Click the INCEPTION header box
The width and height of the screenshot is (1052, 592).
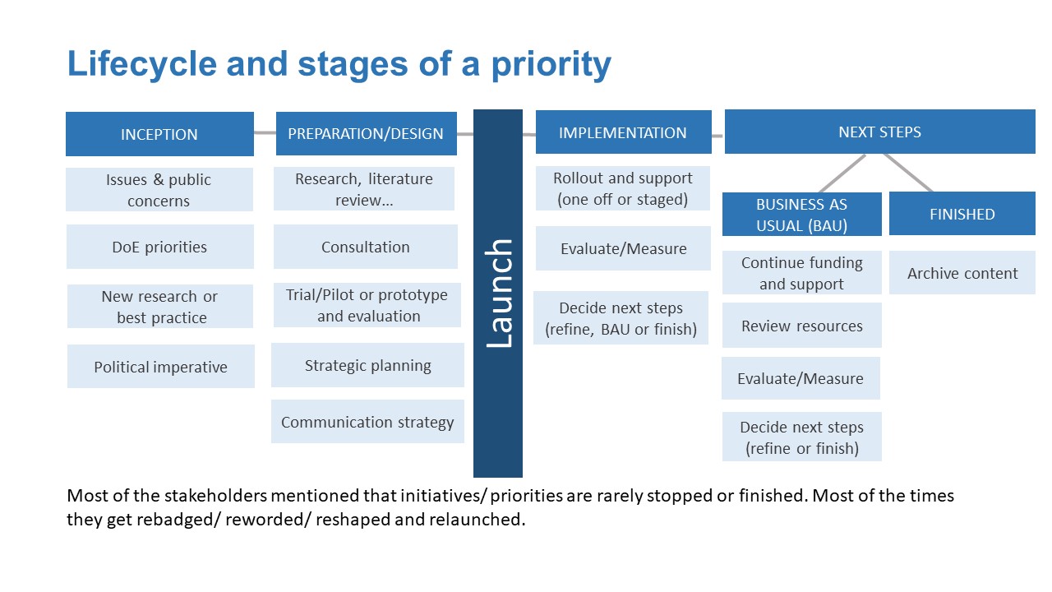coord(159,134)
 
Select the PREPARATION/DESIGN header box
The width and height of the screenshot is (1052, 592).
coord(367,133)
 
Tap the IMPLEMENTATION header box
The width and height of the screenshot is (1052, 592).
coord(624,132)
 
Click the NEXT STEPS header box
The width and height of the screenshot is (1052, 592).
coord(880,132)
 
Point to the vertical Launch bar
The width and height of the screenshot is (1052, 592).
coord(498,294)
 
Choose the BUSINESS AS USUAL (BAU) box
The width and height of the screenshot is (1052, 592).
coord(802,215)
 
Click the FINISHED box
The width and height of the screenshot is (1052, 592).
coord(962,213)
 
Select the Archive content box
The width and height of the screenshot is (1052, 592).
coord(962,272)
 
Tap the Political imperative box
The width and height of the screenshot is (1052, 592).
coord(160,367)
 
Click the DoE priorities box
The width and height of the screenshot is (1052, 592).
coord(159,247)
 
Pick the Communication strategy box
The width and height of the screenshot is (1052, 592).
coord(367,422)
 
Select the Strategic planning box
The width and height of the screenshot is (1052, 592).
coord(367,365)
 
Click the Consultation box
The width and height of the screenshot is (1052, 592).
coord(366,247)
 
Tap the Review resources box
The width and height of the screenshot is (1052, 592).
coord(802,325)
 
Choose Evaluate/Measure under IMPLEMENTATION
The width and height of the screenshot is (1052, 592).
coord(623,248)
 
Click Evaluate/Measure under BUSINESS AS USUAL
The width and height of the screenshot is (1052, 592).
coord(801,378)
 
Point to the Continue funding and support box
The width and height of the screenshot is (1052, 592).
coord(802,272)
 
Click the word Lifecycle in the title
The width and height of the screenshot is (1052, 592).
coord(142,64)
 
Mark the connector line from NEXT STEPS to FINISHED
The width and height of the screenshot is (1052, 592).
coord(908,173)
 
